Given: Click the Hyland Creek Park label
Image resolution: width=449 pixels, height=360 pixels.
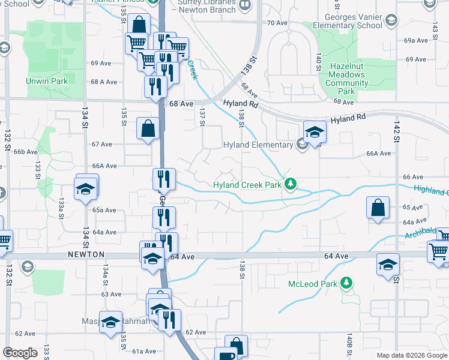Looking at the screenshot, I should coord(248,185).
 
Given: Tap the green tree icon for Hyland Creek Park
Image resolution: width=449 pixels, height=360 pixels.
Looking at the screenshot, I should coord(291,184).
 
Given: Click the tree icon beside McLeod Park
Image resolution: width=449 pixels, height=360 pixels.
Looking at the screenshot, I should coord(346,282).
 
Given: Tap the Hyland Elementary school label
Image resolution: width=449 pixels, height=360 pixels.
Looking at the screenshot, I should coord(258,145).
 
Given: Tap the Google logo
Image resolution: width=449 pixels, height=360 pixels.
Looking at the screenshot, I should coord(20,353).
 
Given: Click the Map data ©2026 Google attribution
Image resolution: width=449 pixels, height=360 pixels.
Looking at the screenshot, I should coord(411,355).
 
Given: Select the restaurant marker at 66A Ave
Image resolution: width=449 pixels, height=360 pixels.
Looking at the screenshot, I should coord(163,178).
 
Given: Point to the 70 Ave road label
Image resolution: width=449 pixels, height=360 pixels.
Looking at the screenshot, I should coord(278,23).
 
